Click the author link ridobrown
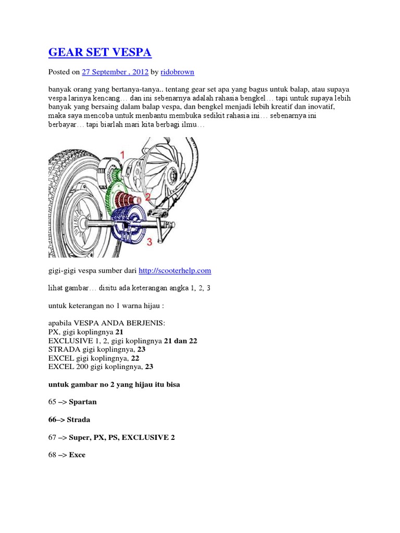click(x=177, y=71)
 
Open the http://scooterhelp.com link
click(x=175, y=271)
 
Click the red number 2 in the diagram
click(x=147, y=197)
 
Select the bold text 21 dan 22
click(x=181, y=341)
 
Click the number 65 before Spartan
click(x=53, y=402)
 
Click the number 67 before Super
click(x=53, y=437)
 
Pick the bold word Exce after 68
click(x=77, y=455)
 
